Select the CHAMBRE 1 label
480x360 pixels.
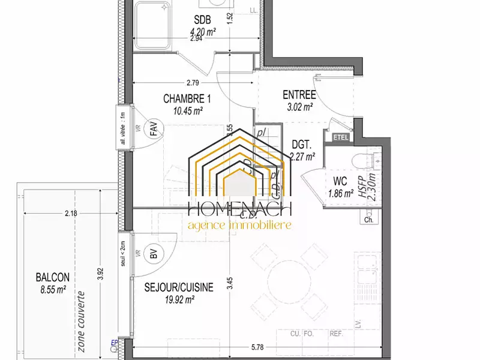pos(187,98)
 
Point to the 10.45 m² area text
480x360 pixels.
pos(188,110)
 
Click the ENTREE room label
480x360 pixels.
pos(299,94)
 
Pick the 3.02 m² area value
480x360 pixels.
pos(299,107)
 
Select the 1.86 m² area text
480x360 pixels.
pos(341,193)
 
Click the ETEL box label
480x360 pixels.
pos(340,137)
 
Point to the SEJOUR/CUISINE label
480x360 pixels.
pos(179,287)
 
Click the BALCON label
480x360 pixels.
pos(53,277)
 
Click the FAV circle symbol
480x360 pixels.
pos(154,127)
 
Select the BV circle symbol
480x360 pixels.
pos(154,255)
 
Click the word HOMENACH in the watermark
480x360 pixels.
pos(239,209)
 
